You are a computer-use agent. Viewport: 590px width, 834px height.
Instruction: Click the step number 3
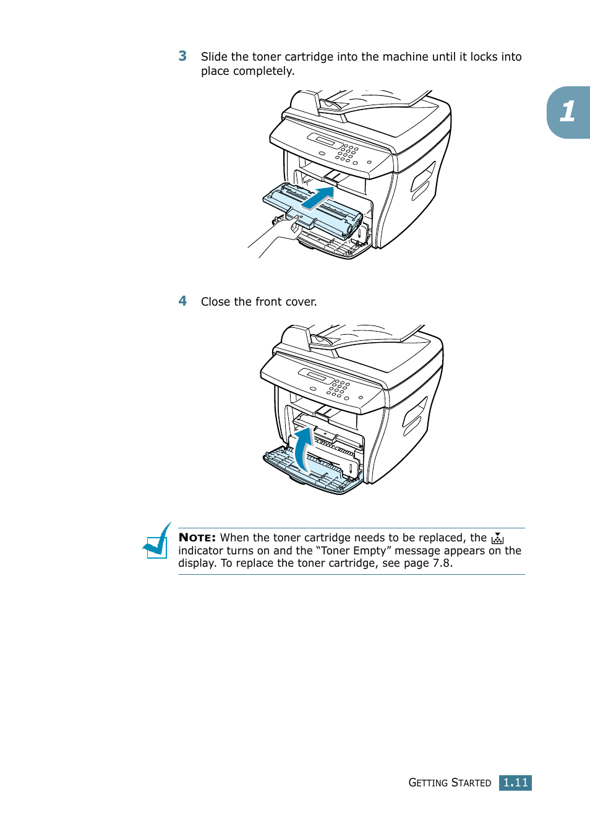pyautogui.click(x=182, y=56)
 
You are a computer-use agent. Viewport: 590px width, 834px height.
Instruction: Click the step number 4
pyautogui.click(x=182, y=301)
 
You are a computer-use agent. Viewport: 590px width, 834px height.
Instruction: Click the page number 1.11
pyautogui.click(x=515, y=783)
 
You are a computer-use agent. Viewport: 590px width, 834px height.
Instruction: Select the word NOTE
pyautogui.click(x=197, y=538)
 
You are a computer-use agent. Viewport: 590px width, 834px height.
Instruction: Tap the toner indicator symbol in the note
pyautogui.click(x=497, y=538)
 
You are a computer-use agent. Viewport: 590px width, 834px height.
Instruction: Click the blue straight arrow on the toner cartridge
pyautogui.click(x=318, y=199)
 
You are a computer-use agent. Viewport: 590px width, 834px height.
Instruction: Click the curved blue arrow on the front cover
pyautogui.click(x=302, y=449)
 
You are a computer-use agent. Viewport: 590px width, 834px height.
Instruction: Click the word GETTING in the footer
pyautogui.click(x=428, y=783)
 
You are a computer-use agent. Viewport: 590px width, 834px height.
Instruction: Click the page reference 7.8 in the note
pyautogui.click(x=442, y=563)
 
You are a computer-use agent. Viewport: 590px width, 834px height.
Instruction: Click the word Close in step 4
pyautogui.click(x=215, y=302)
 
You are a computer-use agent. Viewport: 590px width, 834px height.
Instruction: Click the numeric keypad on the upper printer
pyautogui.click(x=347, y=153)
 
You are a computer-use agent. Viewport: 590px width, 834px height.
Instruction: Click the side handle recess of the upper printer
pyautogui.click(x=424, y=181)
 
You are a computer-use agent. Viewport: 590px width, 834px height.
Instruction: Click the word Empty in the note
pyautogui.click(x=369, y=551)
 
